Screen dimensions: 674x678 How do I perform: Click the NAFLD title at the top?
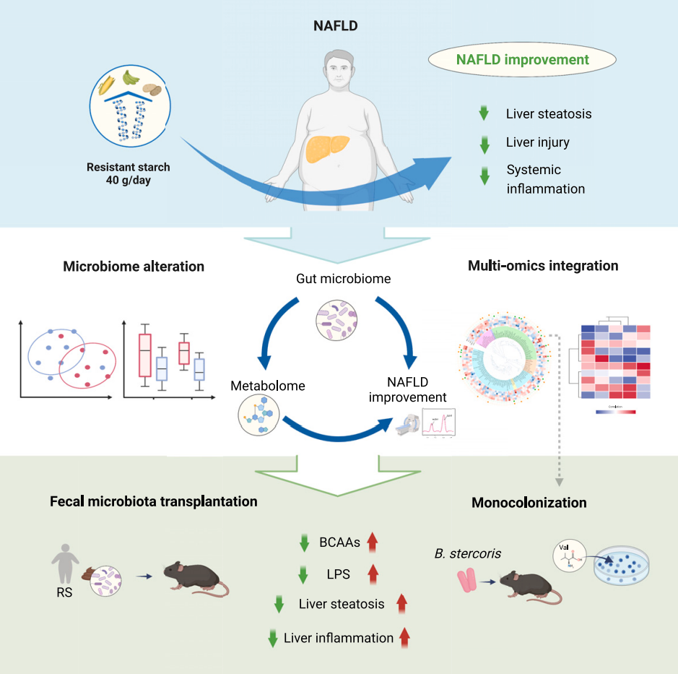click(x=336, y=27)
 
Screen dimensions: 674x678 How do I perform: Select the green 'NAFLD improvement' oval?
click(x=522, y=60)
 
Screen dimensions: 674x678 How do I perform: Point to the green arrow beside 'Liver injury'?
click(x=484, y=143)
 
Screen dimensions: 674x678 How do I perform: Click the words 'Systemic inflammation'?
click(x=545, y=179)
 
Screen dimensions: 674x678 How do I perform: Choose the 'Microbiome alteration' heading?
click(x=134, y=267)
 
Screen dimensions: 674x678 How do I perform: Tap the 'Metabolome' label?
click(x=267, y=386)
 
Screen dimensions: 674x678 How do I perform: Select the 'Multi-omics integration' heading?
click(x=543, y=266)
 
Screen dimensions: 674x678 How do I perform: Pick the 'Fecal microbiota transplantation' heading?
click(x=154, y=501)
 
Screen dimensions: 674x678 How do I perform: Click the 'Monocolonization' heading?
click(x=529, y=503)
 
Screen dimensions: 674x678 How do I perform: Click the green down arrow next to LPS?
click(x=304, y=574)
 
